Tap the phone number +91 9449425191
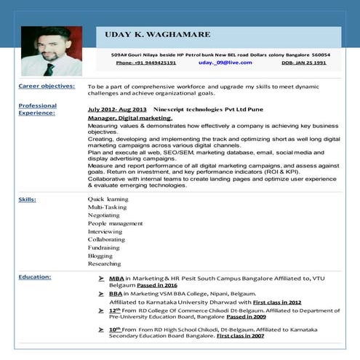tap(145, 63)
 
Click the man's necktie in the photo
tap(49, 70)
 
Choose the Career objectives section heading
tap(47, 86)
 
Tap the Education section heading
tap(35, 276)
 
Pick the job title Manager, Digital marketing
tap(129, 117)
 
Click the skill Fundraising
tap(104, 247)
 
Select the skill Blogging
tap(100, 255)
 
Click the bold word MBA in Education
tap(116, 278)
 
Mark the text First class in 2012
tap(276, 301)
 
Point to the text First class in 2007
tap(240, 337)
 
